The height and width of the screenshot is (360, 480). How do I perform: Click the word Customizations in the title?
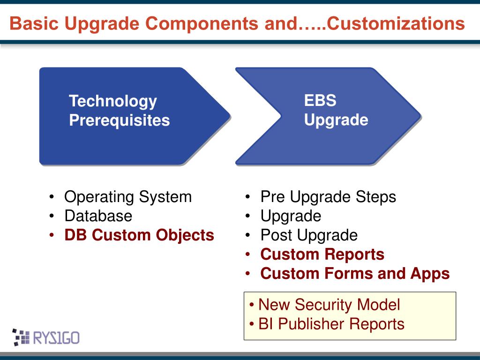point(396,23)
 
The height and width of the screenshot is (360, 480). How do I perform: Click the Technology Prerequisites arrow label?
point(120,111)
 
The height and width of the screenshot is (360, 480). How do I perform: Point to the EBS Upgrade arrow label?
point(336,110)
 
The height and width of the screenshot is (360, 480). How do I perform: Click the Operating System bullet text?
point(128,196)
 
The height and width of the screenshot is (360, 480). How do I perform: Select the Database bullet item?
point(98,216)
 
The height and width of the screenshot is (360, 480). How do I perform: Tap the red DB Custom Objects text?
point(139,235)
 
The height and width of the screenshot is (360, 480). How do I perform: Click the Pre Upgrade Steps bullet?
point(328,196)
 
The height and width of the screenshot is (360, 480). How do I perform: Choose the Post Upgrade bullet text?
point(309,235)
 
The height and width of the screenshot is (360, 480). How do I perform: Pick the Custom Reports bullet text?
point(322,255)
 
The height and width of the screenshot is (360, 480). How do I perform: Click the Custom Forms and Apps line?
point(355,274)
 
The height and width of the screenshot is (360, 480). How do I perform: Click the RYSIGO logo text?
point(56,338)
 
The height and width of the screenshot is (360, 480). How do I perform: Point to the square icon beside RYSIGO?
point(21,337)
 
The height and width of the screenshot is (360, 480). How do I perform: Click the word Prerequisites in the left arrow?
point(120,120)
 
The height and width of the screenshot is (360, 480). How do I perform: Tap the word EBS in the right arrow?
point(320,100)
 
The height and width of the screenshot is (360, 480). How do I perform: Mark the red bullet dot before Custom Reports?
point(247,255)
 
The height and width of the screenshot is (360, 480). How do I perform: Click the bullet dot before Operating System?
point(52,197)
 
